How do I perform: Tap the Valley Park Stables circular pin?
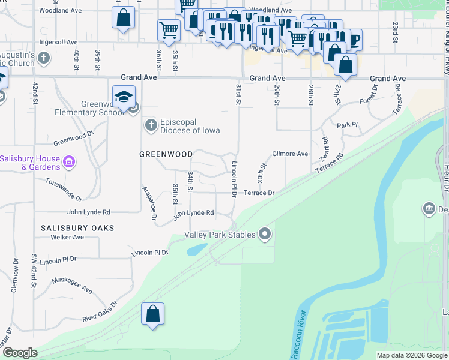tap(265, 235)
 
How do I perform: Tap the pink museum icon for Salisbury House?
tap(69, 161)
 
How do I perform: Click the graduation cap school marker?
tap(124, 97)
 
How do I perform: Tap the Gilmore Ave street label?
tap(290, 154)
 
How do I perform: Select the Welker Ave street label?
tap(67, 237)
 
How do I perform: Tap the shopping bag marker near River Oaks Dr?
tap(153, 314)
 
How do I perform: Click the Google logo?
tap(20, 353)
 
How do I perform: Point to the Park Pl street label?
tap(347, 125)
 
